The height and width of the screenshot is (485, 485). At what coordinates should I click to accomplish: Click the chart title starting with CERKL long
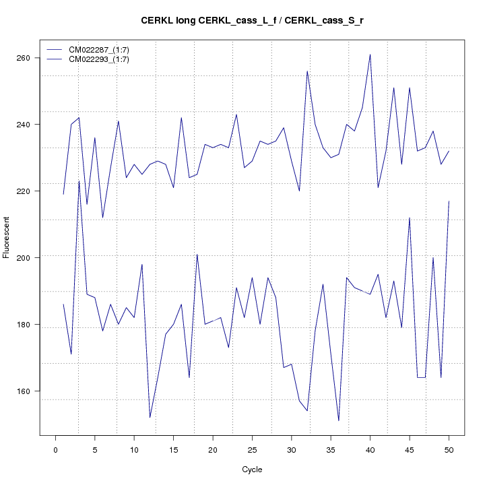click(x=252, y=20)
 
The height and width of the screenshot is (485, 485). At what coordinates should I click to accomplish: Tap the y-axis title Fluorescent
click(x=7, y=237)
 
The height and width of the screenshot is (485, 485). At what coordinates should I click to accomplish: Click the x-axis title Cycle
click(x=252, y=470)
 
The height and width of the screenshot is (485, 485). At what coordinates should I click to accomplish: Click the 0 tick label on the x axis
click(x=55, y=449)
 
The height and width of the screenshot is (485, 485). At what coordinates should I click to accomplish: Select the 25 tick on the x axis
click(x=252, y=449)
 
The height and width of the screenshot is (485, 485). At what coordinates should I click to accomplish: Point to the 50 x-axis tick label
click(x=449, y=449)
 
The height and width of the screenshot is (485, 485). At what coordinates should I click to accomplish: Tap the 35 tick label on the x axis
click(x=331, y=449)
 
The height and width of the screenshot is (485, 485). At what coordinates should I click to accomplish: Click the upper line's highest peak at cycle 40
click(x=370, y=55)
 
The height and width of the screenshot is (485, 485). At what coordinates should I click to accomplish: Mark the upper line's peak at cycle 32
click(x=307, y=71)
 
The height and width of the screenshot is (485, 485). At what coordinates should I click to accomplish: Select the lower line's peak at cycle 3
click(x=79, y=181)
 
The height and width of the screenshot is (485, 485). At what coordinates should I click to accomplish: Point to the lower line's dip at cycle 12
click(x=150, y=418)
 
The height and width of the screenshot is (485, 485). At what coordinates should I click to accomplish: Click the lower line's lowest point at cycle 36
click(x=338, y=421)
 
